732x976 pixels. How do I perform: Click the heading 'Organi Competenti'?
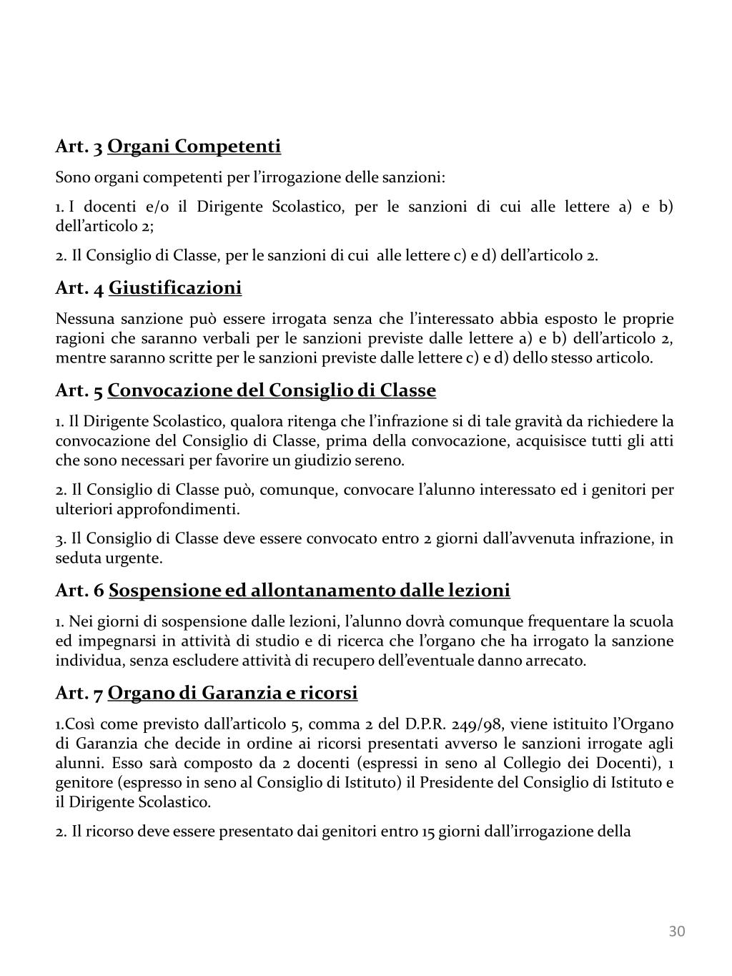[194, 147]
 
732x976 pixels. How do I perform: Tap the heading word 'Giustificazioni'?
[175, 288]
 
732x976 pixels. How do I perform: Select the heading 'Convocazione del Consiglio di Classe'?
[272, 390]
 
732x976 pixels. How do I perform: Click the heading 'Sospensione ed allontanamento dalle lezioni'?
[310, 591]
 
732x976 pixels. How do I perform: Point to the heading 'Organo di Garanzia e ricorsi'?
[233, 693]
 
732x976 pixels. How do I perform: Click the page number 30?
[677, 931]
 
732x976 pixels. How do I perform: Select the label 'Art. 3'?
[79, 147]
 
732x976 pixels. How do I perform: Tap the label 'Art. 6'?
[79, 591]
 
